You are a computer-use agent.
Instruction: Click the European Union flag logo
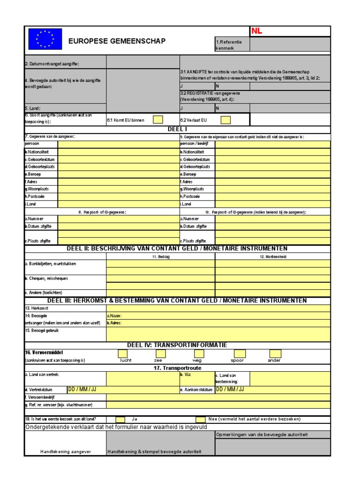[x=45, y=39]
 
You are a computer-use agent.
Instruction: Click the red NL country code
[x=257, y=31]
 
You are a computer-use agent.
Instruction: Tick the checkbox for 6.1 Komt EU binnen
[x=158, y=120]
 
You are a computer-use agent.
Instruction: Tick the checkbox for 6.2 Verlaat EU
[x=225, y=120]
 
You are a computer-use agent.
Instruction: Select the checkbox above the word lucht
[x=122, y=353]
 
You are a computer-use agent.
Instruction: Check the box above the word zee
[x=158, y=353]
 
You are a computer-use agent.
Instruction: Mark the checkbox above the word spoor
[x=237, y=353]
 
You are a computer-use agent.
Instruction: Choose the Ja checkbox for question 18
[x=120, y=419]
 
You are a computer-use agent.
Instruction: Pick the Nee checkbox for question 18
[x=201, y=419]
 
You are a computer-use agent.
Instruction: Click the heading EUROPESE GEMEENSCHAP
[x=117, y=41]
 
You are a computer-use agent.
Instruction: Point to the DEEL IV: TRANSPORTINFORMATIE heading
[x=177, y=345]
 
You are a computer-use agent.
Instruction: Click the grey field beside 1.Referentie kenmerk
[x=290, y=45]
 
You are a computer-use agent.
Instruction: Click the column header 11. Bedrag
[x=161, y=257]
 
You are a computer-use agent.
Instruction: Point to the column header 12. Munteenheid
[x=272, y=257]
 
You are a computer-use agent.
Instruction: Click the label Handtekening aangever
[x=65, y=451]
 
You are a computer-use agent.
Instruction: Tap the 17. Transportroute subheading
[x=177, y=368]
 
